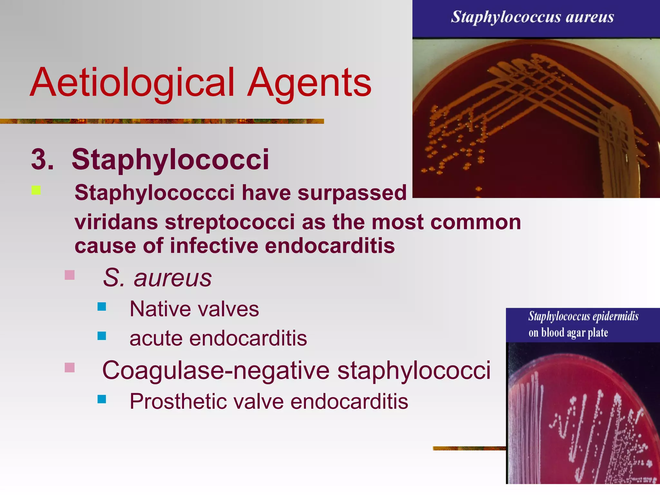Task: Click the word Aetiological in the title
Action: click(x=132, y=82)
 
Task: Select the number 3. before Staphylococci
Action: click(x=42, y=159)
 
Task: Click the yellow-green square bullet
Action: click(x=36, y=190)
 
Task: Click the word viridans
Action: click(x=116, y=222)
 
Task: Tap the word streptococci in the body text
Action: click(x=230, y=222)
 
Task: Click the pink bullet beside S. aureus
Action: click(x=70, y=275)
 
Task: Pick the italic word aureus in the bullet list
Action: click(x=173, y=278)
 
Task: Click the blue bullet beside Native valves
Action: click(x=102, y=306)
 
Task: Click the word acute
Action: click(x=156, y=338)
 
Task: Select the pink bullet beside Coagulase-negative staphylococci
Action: click(x=70, y=367)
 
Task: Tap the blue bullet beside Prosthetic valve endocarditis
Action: click(x=102, y=399)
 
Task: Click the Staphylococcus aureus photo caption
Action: click(x=532, y=17)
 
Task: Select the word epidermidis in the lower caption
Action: click(x=616, y=316)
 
